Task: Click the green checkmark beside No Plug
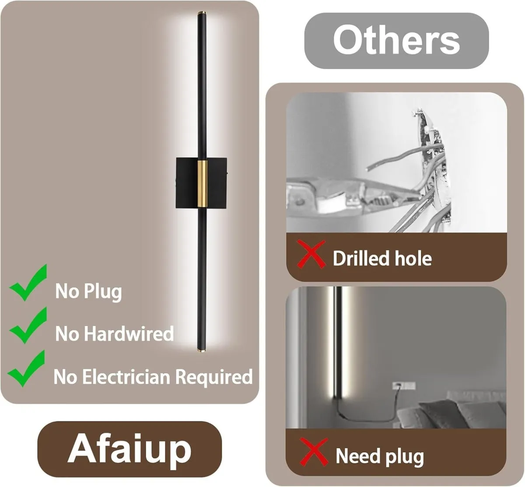coord(28,283)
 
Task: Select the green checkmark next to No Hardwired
coord(28,326)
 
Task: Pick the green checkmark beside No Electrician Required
coord(26,369)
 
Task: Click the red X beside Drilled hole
coord(311,254)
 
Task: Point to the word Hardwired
coord(129,333)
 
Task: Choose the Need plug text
coord(380,457)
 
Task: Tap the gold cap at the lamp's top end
coord(202,13)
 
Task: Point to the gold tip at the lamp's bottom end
coord(201,350)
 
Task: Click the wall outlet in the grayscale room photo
coord(404,385)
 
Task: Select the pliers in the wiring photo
coord(352,196)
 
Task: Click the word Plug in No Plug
coord(103,292)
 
